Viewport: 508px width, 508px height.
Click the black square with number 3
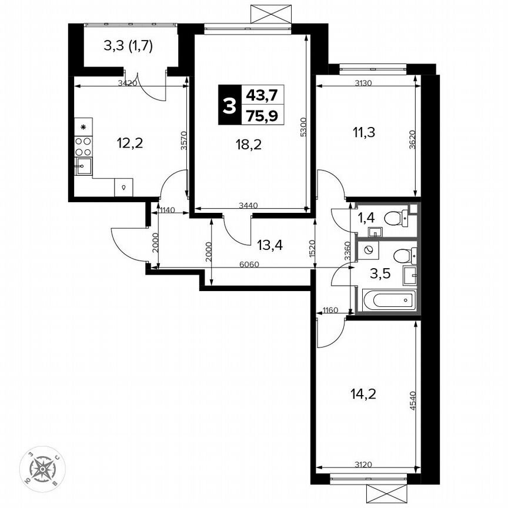229,105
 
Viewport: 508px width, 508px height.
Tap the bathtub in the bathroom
390,301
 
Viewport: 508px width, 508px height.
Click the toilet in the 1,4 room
395,219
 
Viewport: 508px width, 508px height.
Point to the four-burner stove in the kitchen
83,145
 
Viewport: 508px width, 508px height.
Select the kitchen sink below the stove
83,166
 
